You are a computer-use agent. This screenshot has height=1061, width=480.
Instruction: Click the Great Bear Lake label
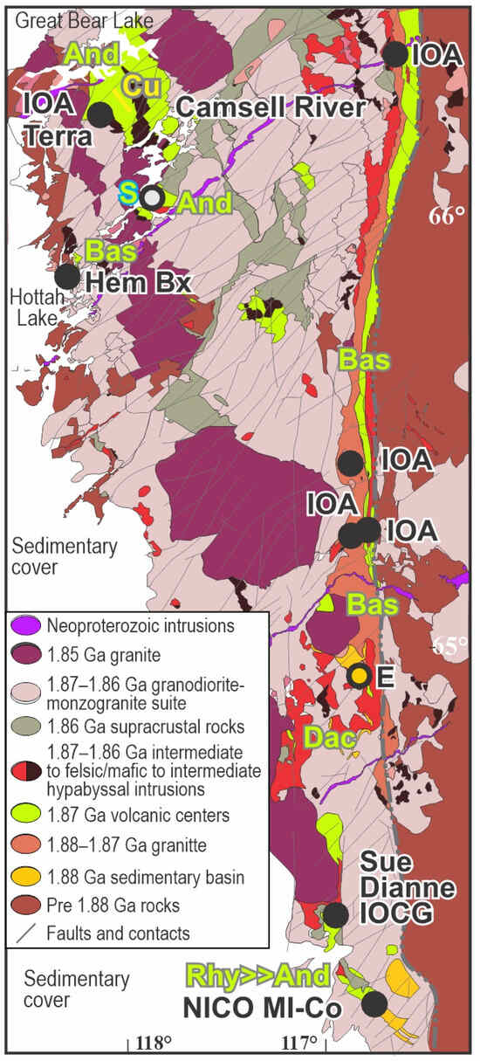(65, 17)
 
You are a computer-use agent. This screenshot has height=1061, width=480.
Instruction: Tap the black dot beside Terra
(101, 114)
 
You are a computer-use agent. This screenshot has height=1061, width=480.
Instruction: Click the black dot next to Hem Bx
(66, 277)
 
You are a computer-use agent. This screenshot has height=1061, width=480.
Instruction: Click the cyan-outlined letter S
(128, 196)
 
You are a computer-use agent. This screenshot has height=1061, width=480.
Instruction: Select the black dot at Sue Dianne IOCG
(334, 914)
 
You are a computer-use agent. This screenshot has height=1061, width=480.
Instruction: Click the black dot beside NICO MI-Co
(374, 1003)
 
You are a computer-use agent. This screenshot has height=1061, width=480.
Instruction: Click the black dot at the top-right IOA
(395, 54)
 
